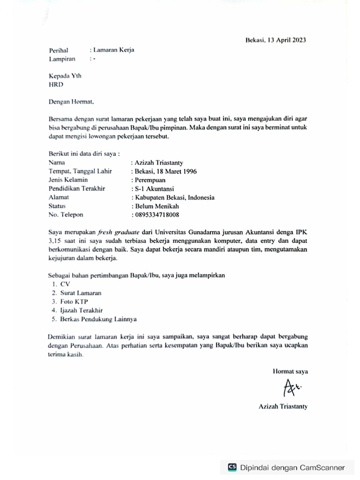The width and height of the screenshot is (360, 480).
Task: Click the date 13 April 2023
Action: coord(287,40)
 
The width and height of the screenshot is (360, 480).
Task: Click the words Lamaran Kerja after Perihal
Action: coord(113,50)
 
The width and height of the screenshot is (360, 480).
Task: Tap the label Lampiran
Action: coord(62,59)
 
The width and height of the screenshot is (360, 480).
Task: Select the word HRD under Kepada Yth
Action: coord(56,85)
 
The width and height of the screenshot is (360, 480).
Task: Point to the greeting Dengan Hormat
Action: coord(71,101)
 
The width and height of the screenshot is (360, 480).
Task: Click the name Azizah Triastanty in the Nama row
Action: coord(159,163)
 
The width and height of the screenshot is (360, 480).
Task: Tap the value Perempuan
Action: coord(150,180)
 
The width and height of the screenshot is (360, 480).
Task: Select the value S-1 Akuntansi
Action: coord(154,189)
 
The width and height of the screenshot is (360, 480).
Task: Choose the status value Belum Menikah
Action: coord(157,206)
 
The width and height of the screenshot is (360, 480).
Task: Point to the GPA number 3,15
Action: coord(56,241)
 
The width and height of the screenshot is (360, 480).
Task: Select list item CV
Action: coord(64,284)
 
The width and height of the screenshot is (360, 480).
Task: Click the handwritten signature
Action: coord(292,388)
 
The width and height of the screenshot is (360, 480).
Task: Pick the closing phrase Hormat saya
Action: coord(290,371)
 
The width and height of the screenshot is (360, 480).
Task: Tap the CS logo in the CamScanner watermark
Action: coord(232,467)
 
